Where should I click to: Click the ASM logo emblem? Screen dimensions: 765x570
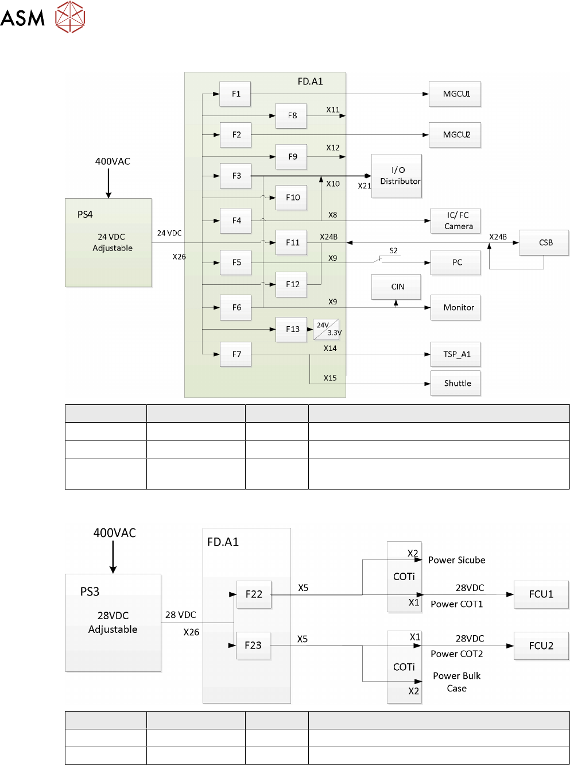(x=70, y=17)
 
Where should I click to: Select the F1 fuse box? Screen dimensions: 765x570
(x=235, y=94)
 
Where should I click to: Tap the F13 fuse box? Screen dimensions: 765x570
(x=292, y=330)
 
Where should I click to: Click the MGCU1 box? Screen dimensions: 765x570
(x=455, y=94)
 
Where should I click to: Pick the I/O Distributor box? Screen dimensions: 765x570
(x=397, y=176)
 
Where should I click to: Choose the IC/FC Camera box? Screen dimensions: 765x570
(x=455, y=221)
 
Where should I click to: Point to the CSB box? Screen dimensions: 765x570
(x=544, y=243)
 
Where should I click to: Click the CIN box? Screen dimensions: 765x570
(x=396, y=287)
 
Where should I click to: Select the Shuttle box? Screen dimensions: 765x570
(x=455, y=384)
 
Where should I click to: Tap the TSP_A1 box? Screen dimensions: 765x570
(x=455, y=354)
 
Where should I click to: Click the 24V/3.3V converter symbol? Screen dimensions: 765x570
(x=326, y=329)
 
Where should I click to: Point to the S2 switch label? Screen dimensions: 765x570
(x=393, y=251)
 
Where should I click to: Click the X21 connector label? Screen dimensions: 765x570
(x=364, y=186)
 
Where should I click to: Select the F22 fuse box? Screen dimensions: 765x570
(x=254, y=594)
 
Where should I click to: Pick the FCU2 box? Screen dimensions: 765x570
(x=541, y=646)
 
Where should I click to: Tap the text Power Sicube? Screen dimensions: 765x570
(x=456, y=560)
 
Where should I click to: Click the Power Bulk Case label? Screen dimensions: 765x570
(x=456, y=682)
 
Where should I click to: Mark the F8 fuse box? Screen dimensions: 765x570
(x=291, y=116)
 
